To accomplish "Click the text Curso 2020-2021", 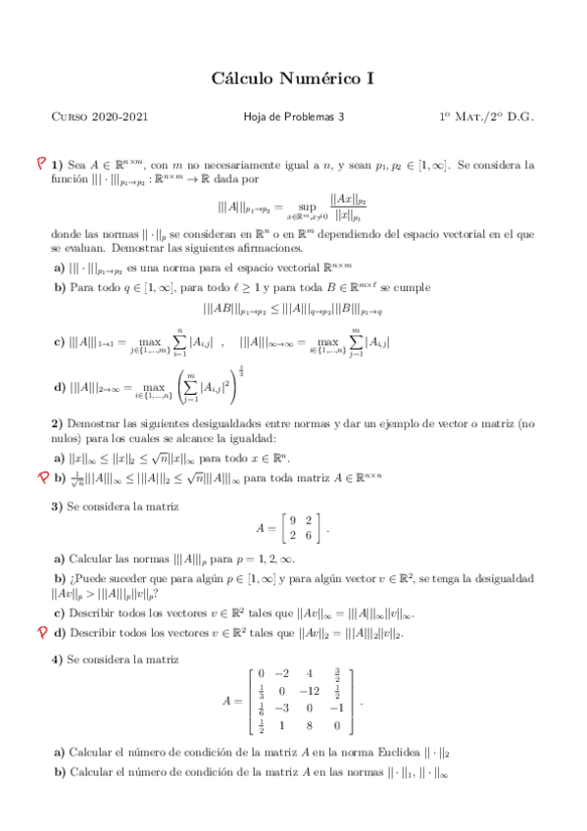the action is coord(100,118).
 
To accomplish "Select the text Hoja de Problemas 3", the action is coord(293,118).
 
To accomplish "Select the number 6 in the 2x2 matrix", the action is coord(309,535).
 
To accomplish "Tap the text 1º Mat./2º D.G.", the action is coord(486,118).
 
